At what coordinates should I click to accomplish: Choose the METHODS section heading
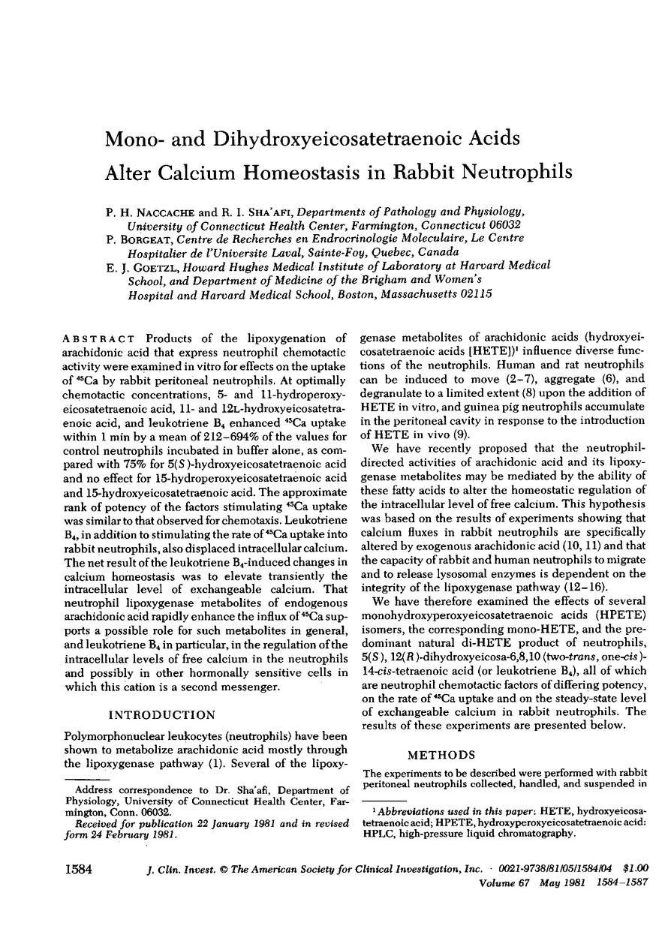point(488,730)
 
